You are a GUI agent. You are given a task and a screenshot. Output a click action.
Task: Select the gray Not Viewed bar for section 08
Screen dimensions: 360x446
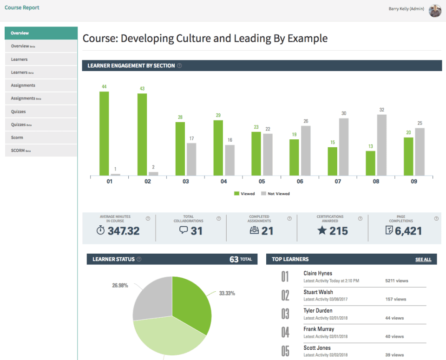coord(381,145)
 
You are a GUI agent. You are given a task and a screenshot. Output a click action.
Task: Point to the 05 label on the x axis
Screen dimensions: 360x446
coord(262,182)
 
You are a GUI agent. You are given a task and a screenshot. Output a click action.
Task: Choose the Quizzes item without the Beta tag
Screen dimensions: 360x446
coord(19,111)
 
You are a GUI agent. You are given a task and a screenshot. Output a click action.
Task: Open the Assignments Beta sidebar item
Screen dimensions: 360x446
coord(26,98)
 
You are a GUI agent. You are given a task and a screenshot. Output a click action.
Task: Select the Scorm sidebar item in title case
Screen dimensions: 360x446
coord(17,137)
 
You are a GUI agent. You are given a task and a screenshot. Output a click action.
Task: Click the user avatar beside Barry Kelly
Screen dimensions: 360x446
coord(435,10)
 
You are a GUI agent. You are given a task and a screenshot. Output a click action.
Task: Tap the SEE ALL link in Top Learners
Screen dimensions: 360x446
coord(423,259)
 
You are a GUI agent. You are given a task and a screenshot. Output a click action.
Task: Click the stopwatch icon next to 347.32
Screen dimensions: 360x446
coord(101,230)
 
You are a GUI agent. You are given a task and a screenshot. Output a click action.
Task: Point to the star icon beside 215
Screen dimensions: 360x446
coord(322,230)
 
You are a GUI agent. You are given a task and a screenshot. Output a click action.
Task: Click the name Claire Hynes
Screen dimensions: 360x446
coord(318,273)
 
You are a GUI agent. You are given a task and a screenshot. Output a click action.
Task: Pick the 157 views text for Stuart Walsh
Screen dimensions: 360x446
coord(396,299)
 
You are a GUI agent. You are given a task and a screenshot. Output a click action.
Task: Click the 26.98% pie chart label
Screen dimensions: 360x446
coord(120,285)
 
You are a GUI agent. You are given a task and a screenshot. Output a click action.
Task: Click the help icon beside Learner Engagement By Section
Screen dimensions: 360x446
coord(179,65)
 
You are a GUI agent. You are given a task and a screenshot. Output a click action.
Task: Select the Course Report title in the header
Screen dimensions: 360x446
coord(22,7)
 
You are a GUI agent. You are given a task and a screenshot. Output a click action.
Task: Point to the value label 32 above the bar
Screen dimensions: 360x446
coord(381,110)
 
